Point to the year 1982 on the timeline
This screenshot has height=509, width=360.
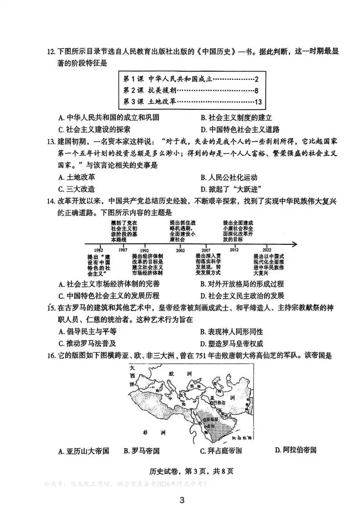click(x=99, y=250)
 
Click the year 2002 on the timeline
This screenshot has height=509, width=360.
click(x=180, y=250)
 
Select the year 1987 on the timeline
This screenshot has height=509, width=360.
click(x=122, y=250)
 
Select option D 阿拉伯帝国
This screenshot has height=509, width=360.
click(x=296, y=450)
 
